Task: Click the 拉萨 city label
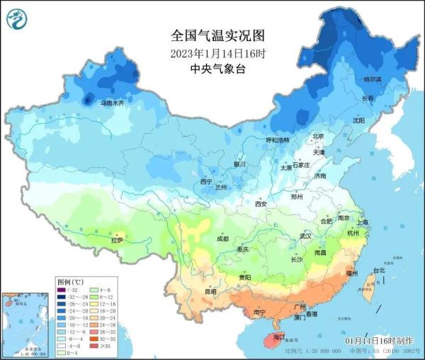tap(115, 241)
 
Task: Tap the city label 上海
tap(363, 222)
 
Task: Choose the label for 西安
tap(261, 204)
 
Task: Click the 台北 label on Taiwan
tap(378, 270)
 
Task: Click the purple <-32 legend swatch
tap(62, 291)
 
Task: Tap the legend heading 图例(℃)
tap(70, 282)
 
